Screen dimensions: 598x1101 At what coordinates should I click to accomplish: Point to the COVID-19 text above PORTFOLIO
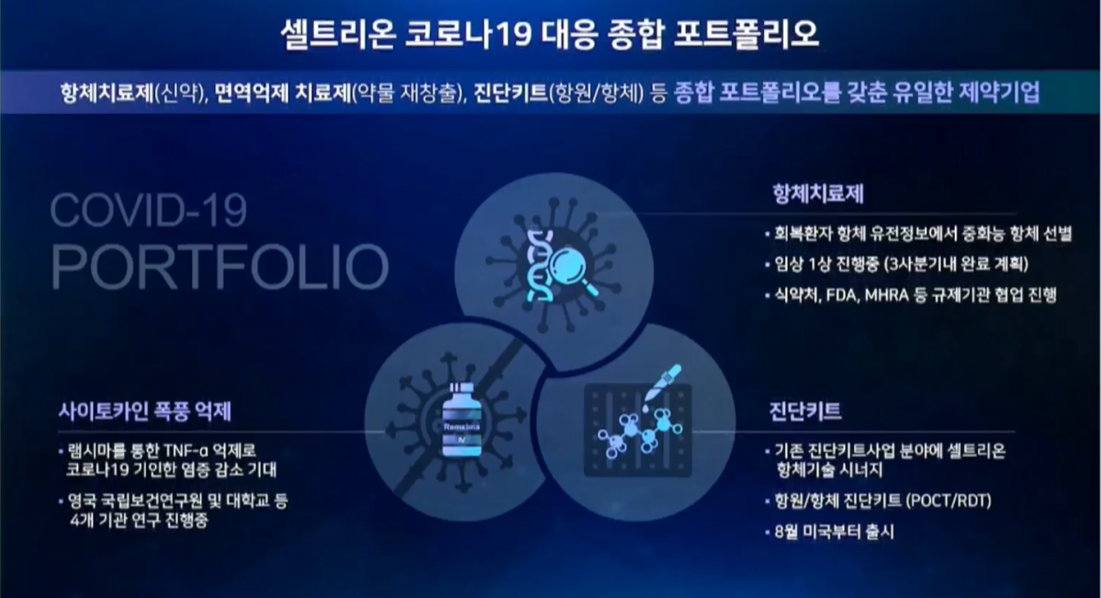(149, 210)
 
